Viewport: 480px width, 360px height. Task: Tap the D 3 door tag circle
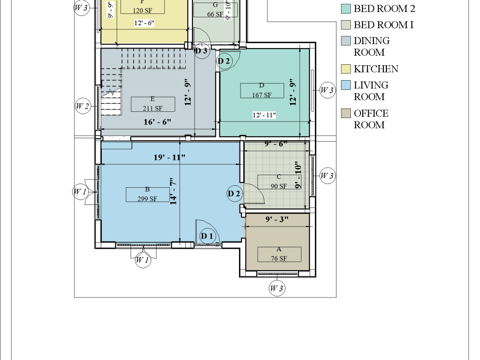[202, 50]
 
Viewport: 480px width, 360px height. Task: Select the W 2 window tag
[83, 106]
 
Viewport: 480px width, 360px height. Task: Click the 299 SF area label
[147, 198]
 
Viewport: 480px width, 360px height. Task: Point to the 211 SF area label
[153, 108]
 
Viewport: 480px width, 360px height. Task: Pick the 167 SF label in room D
[262, 95]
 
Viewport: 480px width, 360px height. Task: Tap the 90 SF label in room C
[278, 186]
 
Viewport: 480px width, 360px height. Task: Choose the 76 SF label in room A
[279, 258]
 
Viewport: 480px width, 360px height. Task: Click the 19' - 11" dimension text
[169, 157]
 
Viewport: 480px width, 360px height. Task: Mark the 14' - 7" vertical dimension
[174, 192]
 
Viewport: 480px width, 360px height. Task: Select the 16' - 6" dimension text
[157, 122]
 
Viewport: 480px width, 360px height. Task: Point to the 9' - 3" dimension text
[277, 219]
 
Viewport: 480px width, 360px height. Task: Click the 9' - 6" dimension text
[276, 144]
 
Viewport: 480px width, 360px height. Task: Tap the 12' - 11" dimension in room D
[264, 115]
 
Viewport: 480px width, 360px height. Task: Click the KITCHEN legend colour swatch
[346, 69]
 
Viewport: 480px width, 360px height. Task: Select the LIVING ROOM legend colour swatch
[346, 85]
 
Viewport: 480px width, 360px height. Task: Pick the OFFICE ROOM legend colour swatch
[346, 114]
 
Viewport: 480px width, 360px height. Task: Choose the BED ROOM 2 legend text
[384, 9]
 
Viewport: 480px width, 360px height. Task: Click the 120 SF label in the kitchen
[142, 10]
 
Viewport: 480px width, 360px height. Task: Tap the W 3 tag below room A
[276, 288]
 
